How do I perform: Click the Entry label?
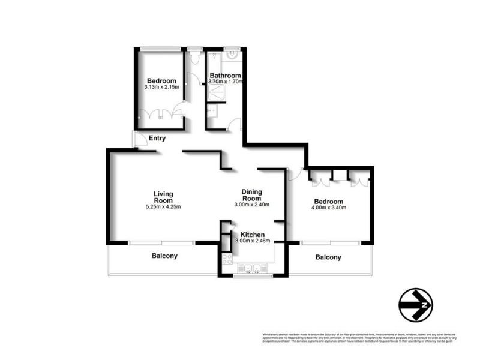coord(157,139)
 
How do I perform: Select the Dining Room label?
coord(251,194)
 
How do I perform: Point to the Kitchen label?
coord(253,234)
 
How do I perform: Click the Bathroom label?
coord(225,76)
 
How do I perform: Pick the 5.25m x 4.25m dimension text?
coord(163,207)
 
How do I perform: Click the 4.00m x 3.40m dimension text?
coord(329,208)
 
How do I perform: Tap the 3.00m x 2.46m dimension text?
coord(253,241)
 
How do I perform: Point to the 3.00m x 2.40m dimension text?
coord(251,205)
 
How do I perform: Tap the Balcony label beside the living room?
coord(164,256)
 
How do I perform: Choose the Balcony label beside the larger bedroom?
coord(328,257)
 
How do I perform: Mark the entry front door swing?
coord(139,140)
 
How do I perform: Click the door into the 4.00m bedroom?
coord(294,174)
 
